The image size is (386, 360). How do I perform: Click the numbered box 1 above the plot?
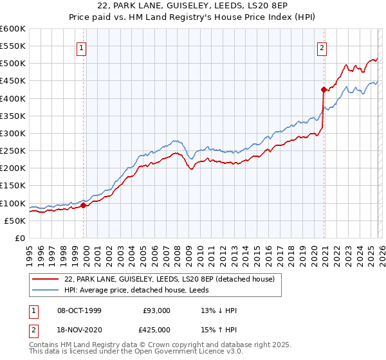click(x=82, y=47)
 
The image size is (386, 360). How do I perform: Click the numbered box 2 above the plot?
click(x=322, y=47)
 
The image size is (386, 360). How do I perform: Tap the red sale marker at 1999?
click(x=84, y=206)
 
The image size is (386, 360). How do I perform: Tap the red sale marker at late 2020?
click(x=324, y=90)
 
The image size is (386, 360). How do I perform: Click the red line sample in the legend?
click(x=46, y=279)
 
